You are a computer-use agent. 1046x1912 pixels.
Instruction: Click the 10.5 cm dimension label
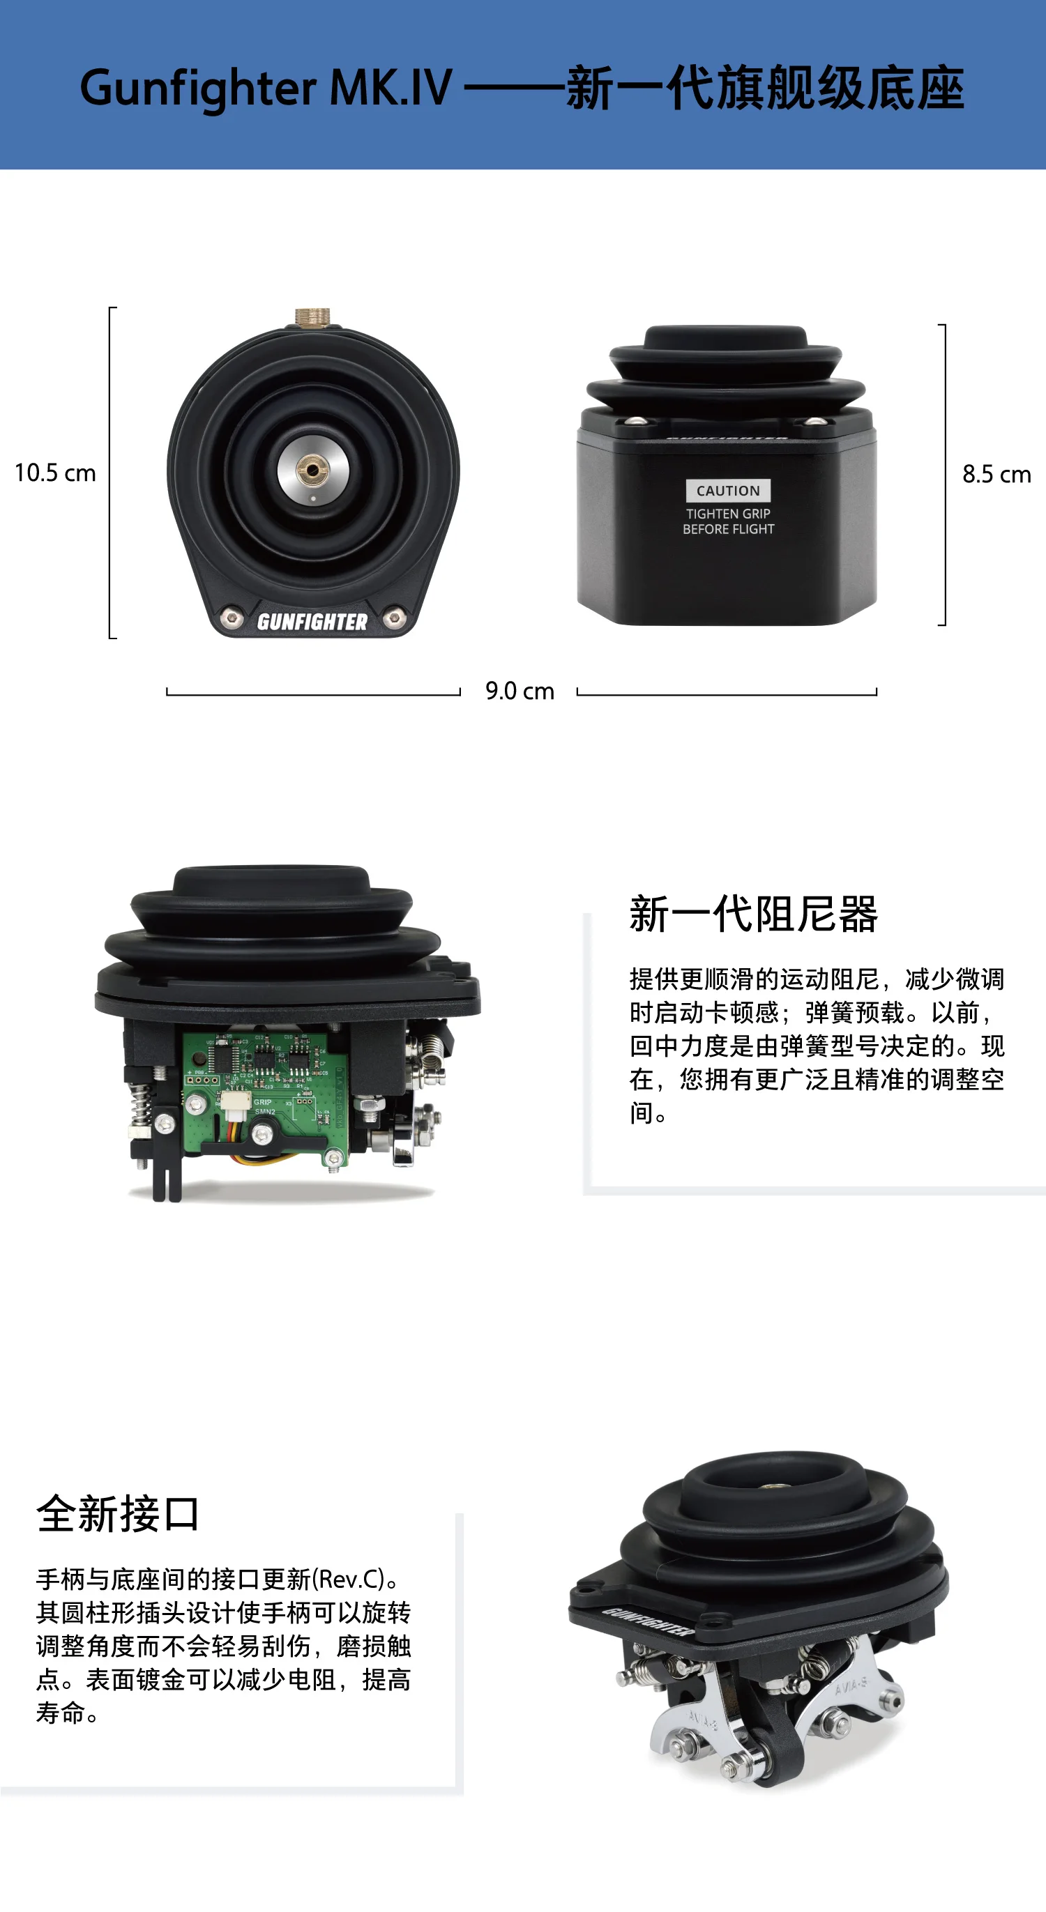click(55, 473)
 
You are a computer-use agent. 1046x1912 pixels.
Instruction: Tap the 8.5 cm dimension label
click(996, 474)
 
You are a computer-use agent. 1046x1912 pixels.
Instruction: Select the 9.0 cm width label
click(520, 691)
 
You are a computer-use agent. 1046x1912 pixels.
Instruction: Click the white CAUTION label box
click(727, 491)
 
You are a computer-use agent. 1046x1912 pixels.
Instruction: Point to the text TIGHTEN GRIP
click(727, 514)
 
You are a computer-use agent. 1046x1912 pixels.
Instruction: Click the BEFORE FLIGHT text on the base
click(727, 529)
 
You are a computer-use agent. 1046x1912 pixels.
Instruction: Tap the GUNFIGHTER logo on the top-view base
click(312, 622)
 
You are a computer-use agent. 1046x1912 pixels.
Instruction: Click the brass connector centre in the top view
click(312, 469)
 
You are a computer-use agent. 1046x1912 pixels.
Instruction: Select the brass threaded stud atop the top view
click(312, 317)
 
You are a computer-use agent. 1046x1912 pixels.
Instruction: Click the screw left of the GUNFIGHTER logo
click(232, 618)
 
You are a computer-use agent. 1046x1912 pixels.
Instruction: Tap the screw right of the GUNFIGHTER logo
click(394, 617)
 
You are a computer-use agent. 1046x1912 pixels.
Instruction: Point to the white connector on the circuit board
click(234, 1101)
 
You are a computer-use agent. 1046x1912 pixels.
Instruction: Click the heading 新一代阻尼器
click(752, 914)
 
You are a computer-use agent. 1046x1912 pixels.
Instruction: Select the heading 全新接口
click(117, 1514)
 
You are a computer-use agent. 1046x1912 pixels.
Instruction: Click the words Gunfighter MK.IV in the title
click(266, 89)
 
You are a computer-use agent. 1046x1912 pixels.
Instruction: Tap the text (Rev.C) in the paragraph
click(348, 1580)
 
